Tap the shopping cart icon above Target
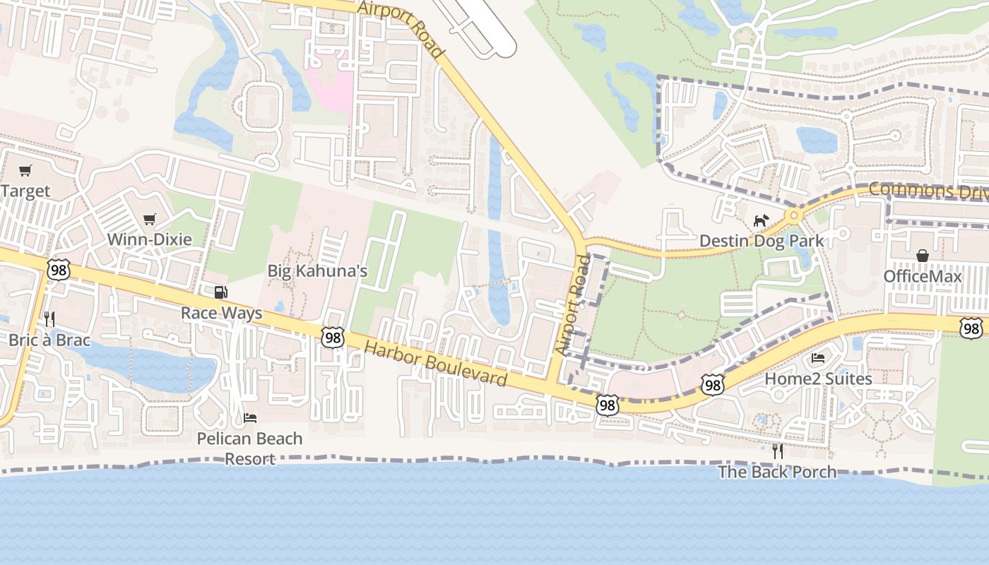25,170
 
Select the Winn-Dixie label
149,239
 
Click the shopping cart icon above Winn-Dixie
149,220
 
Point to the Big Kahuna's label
317,271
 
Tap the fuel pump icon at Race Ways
221,292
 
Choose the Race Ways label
221,313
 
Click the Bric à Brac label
49,340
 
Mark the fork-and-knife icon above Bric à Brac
49,319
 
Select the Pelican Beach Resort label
249,448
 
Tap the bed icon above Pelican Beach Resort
250,417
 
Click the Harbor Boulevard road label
436,361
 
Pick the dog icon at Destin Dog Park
760,221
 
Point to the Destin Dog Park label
761,241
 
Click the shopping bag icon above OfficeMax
923,255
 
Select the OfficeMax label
923,276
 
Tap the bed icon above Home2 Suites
818,358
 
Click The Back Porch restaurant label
777,472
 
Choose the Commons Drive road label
928,190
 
